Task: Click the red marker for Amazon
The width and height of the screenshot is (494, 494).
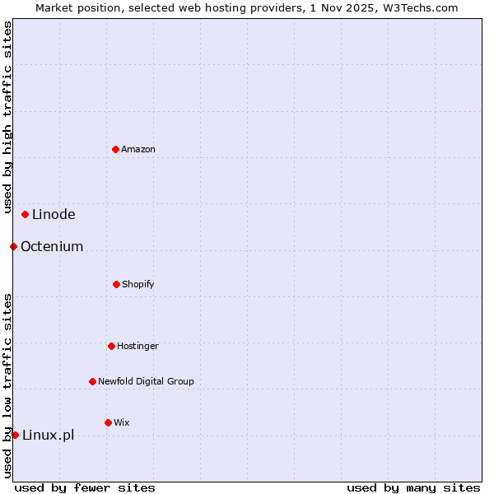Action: point(116,149)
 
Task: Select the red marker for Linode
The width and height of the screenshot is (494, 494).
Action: point(26,214)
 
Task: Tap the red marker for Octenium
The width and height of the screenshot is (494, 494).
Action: point(14,246)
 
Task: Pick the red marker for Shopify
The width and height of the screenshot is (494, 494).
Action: point(117,284)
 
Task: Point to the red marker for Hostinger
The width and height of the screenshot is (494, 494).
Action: point(112,346)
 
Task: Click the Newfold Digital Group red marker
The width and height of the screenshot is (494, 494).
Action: point(93,381)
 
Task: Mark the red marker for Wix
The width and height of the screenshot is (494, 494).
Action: point(109,422)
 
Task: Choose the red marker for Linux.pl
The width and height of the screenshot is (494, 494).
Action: point(16,435)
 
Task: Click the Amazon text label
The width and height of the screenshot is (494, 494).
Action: point(138,149)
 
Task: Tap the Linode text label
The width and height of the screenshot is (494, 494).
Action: point(54,214)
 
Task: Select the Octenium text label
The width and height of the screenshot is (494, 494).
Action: point(52,246)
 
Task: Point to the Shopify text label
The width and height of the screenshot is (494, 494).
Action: point(138,284)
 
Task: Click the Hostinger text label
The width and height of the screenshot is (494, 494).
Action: point(137,346)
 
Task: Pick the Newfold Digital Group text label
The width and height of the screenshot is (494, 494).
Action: point(146,381)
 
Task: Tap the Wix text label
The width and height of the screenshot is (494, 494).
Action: point(122,422)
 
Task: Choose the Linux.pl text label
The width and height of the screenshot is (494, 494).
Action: point(48,435)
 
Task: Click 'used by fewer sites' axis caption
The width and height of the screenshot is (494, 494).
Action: point(85,487)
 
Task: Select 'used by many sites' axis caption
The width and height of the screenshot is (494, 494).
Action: point(413,487)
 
